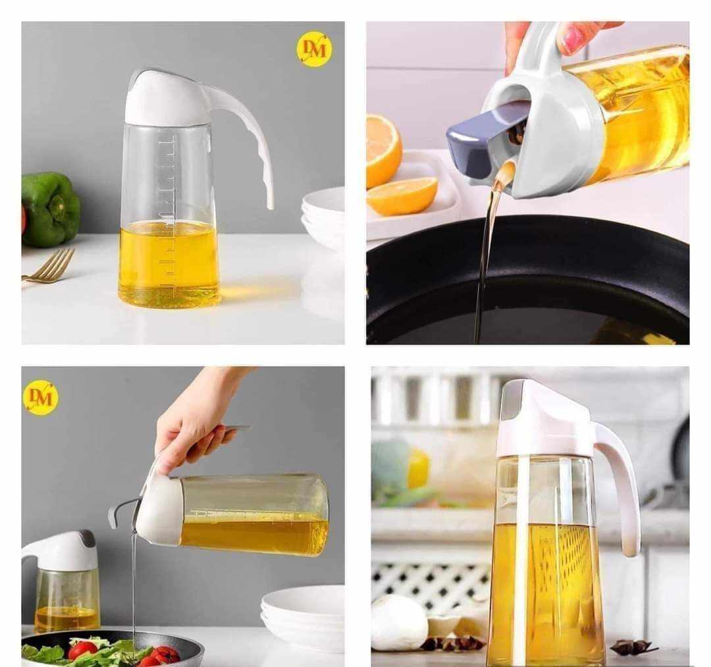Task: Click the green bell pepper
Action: click(50, 209)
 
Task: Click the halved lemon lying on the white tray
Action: click(402, 196)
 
